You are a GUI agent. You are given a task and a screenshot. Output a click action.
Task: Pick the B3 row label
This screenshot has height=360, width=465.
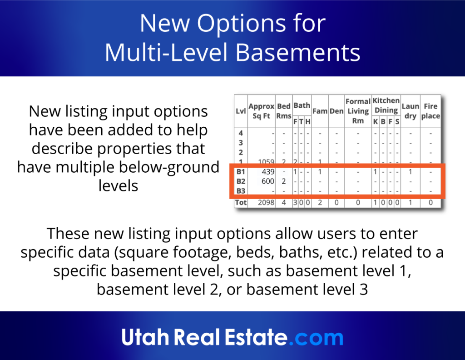(x=240, y=191)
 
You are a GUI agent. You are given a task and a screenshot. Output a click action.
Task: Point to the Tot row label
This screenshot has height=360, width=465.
(x=240, y=203)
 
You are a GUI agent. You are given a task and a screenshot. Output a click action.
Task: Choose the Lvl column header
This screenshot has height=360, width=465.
(x=240, y=110)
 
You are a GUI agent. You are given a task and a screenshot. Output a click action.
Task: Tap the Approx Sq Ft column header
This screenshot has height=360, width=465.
(x=262, y=110)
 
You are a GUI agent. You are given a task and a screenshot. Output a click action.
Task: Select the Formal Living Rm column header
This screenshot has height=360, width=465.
(x=358, y=111)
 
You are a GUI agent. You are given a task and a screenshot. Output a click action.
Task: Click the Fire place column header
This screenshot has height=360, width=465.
(x=430, y=111)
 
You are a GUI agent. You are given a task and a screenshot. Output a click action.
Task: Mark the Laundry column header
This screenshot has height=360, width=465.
(x=410, y=111)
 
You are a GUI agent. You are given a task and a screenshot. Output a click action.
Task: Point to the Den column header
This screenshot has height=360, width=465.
(x=336, y=111)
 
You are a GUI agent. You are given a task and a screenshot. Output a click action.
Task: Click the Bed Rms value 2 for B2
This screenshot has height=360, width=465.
(x=284, y=181)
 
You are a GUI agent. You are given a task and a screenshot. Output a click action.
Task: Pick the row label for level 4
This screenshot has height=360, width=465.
(x=240, y=134)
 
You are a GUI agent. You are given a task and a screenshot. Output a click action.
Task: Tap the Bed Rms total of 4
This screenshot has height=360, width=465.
(x=284, y=203)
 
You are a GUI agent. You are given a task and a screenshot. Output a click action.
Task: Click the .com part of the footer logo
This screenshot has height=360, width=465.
(x=317, y=338)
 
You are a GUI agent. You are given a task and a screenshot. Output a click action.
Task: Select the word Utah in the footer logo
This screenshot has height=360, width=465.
(x=144, y=338)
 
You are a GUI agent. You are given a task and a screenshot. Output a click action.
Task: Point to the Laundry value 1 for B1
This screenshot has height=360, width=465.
(x=410, y=172)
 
